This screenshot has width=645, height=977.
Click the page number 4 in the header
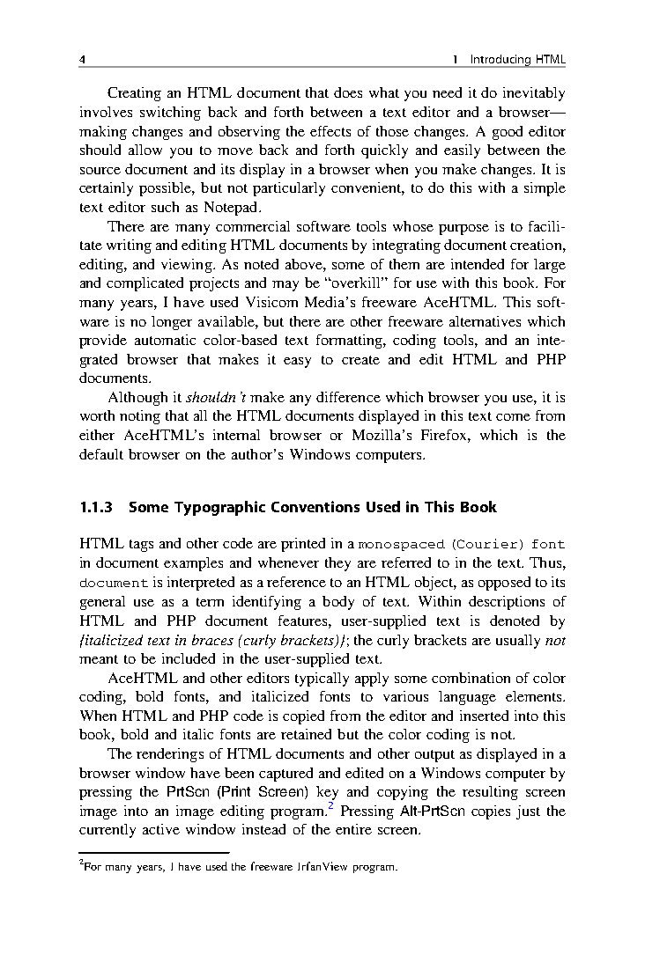click(81, 60)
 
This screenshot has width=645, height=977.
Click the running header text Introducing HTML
click(517, 60)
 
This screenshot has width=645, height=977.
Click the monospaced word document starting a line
click(113, 583)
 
